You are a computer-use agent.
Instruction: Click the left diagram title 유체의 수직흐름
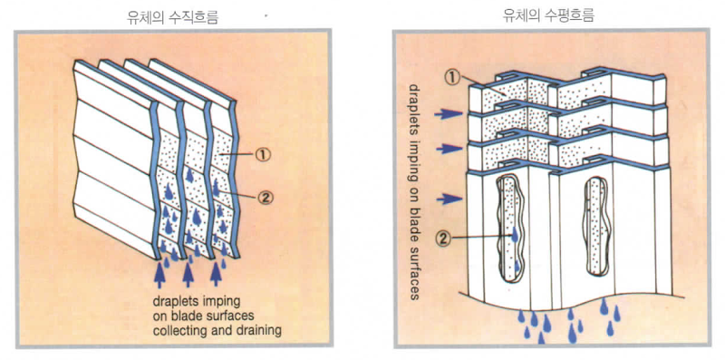click(173, 16)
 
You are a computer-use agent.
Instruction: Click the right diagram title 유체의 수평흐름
click(548, 15)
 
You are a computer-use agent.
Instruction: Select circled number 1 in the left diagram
click(262, 155)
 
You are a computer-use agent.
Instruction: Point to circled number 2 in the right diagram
click(443, 239)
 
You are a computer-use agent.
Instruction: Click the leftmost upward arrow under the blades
click(159, 274)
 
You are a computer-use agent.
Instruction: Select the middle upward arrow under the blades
click(188, 274)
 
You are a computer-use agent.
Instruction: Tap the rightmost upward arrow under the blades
click(216, 274)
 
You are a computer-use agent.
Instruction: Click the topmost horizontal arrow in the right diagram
click(449, 114)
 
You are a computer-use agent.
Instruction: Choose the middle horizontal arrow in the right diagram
click(449, 149)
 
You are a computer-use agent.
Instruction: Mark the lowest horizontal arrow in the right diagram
click(449, 199)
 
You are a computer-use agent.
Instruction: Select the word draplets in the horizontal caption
click(173, 301)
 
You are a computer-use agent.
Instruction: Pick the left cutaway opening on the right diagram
click(510, 229)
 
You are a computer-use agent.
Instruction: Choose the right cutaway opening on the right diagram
click(598, 227)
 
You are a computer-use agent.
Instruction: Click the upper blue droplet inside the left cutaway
click(515, 235)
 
